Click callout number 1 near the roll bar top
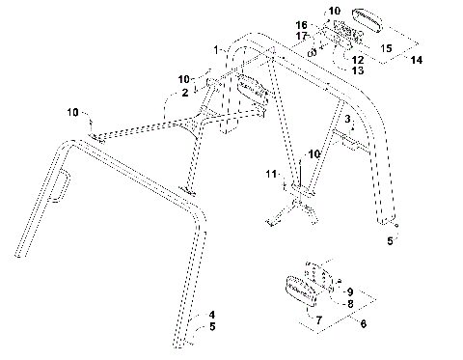click(218, 48)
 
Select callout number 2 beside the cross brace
click(185, 93)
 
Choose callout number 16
click(300, 25)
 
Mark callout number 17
click(300, 37)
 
